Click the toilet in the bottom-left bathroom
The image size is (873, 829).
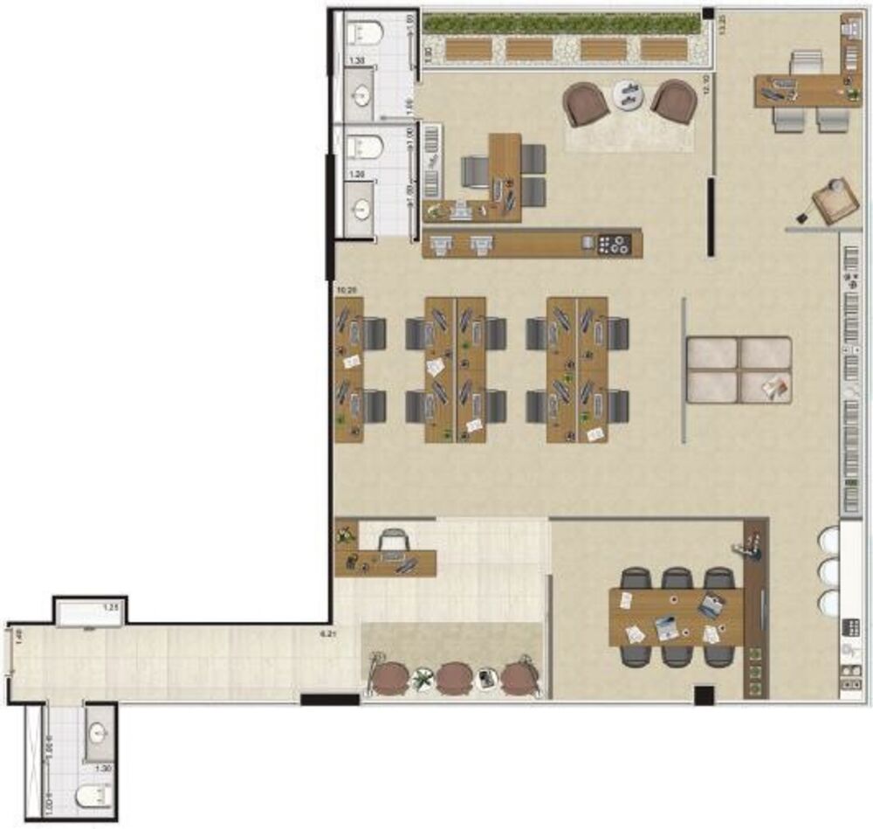[x=94, y=795]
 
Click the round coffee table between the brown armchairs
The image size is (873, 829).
[x=629, y=93]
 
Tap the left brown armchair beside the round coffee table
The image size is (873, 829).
[x=586, y=103]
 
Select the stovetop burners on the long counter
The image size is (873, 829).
[x=615, y=245]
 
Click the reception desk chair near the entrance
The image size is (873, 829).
[x=393, y=542]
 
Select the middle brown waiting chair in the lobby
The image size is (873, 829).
[x=454, y=676]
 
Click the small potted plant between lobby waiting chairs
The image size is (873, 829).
[x=423, y=676]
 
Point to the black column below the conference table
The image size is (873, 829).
[x=704, y=695]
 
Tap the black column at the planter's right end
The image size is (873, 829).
[x=708, y=15]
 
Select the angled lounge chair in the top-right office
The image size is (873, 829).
[x=835, y=200]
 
